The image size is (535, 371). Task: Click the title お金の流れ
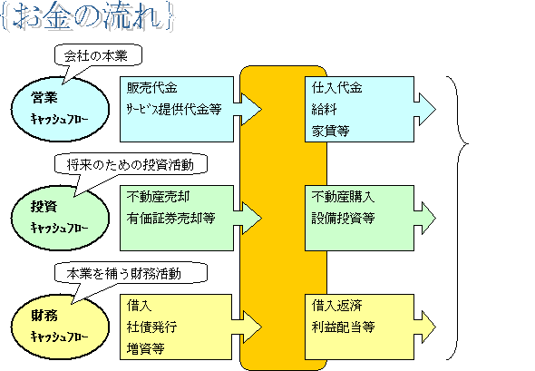[x=88, y=17]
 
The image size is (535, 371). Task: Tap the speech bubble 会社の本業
[x=98, y=55]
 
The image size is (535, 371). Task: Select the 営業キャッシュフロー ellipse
[x=61, y=109]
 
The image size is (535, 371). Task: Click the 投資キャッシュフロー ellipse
[x=61, y=218]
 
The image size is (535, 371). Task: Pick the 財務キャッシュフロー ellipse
[x=61, y=327]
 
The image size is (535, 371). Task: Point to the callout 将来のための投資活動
[x=131, y=164]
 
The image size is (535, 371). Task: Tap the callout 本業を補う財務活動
[x=131, y=273]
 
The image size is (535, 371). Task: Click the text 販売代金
[x=151, y=88]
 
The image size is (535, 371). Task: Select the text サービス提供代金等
[x=174, y=109]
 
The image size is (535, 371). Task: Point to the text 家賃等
[x=331, y=131]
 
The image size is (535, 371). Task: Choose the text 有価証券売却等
[x=171, y=218]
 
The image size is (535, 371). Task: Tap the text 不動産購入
[x=343, y=197]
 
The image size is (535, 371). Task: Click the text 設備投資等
[x=343, y=218]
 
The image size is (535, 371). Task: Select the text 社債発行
[x=151, y=327]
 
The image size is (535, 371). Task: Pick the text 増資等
[x=146, y=348]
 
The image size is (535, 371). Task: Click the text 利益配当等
[x=343, y=327]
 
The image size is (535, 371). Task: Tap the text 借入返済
[x=336, y=305]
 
